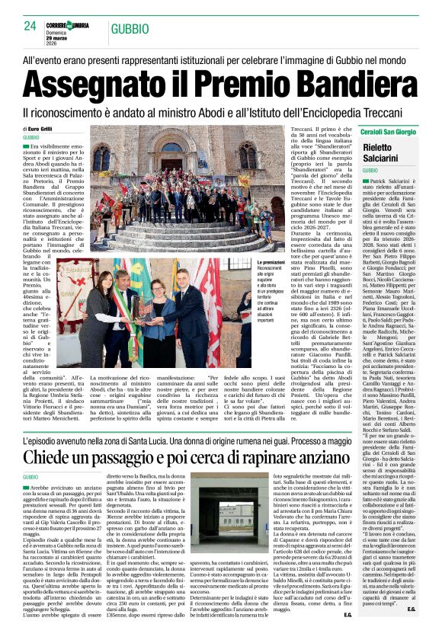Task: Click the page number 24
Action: pos(30,26)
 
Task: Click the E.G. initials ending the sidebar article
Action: pos(411,630)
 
